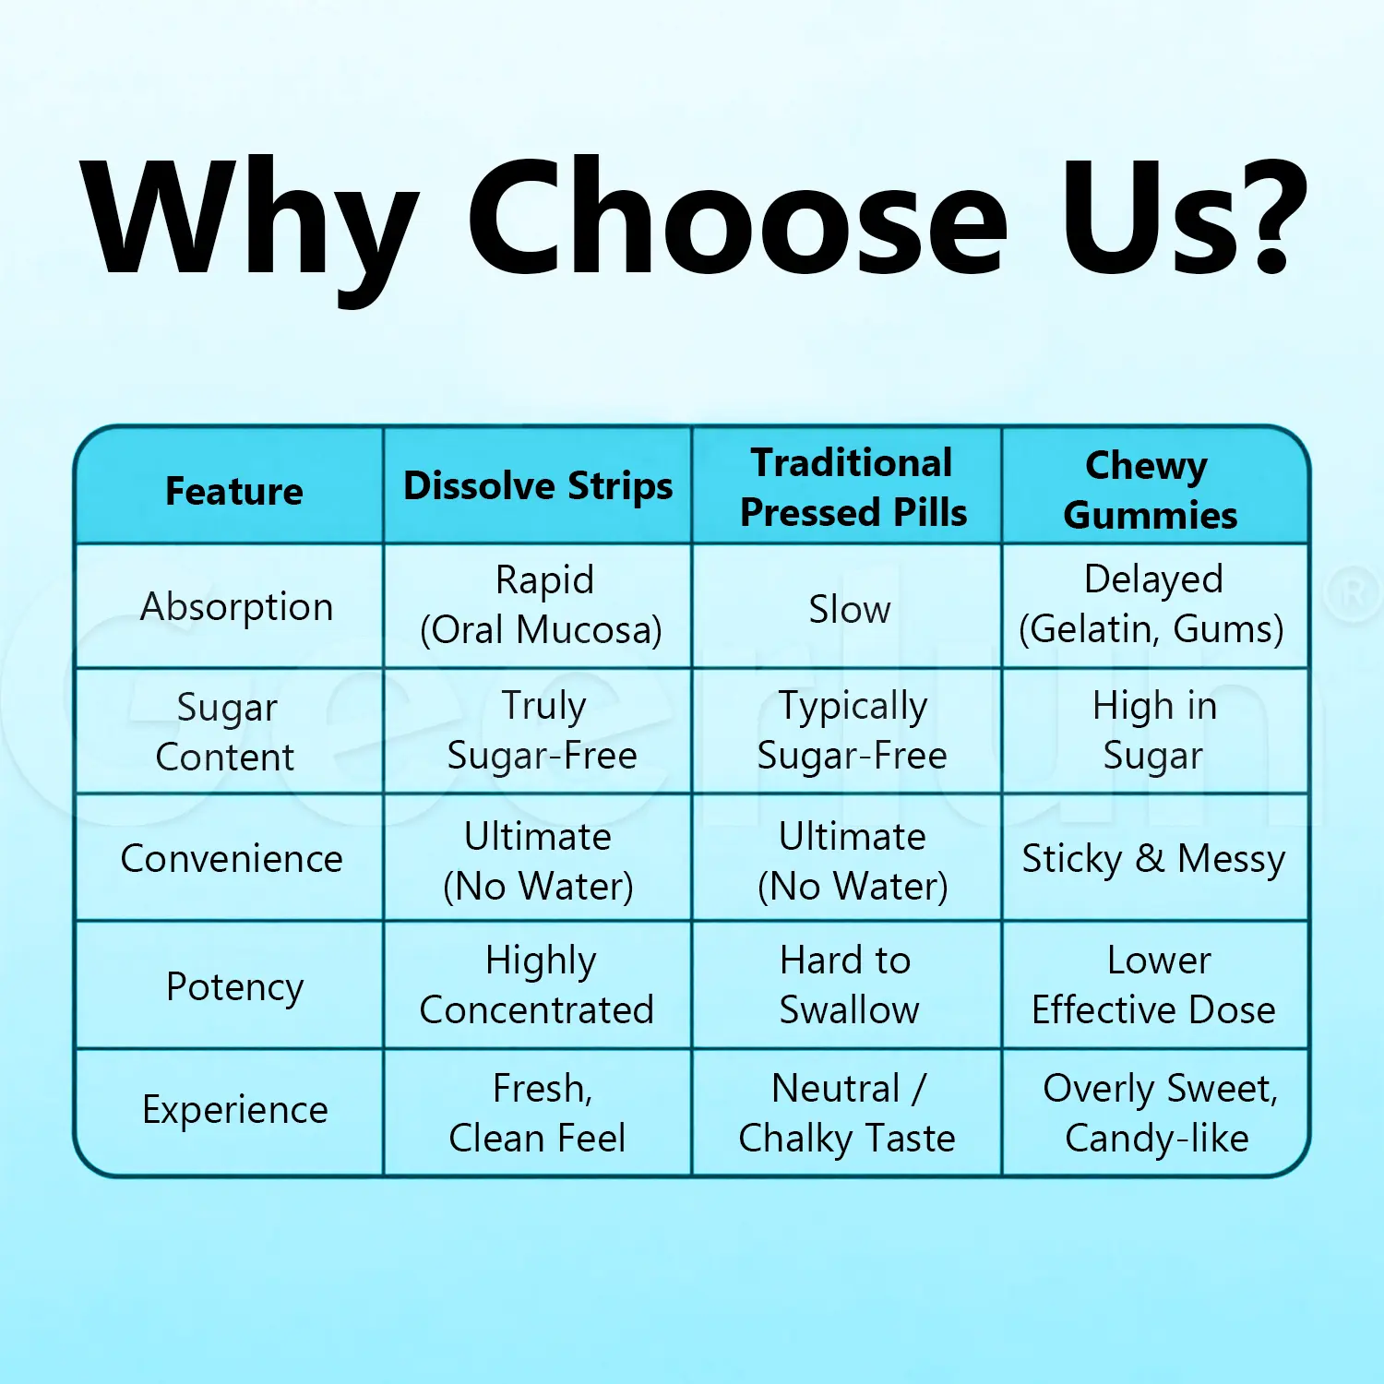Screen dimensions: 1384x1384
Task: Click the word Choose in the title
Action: pos(737,218)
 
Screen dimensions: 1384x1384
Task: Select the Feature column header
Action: pos(234,491)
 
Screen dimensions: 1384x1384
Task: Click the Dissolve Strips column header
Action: pos(538,486)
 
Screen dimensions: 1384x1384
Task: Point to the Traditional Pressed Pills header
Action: pos(853,488)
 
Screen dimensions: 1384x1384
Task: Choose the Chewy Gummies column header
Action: pos(1151,490)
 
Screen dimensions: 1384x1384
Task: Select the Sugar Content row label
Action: pos(226,732)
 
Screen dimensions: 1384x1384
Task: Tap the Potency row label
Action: pos(234,987)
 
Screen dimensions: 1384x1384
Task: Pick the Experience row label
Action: pos(235,1110)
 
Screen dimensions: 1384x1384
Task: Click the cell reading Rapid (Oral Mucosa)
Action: pos(542,605)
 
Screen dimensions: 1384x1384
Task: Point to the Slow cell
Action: pos(850,609)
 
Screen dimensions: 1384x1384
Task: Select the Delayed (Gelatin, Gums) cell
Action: pos(1151,604)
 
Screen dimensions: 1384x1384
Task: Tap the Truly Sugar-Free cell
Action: pos(543,731)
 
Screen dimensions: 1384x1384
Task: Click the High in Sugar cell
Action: pos(1154,731)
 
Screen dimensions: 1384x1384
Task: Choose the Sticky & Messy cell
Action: pos(1153,859)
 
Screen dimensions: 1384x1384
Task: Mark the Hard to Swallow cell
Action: pos(849,985)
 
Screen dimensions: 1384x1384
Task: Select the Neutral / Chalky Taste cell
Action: pos(847,1114)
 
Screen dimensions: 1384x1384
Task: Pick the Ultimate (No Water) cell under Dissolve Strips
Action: pos(538,862)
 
